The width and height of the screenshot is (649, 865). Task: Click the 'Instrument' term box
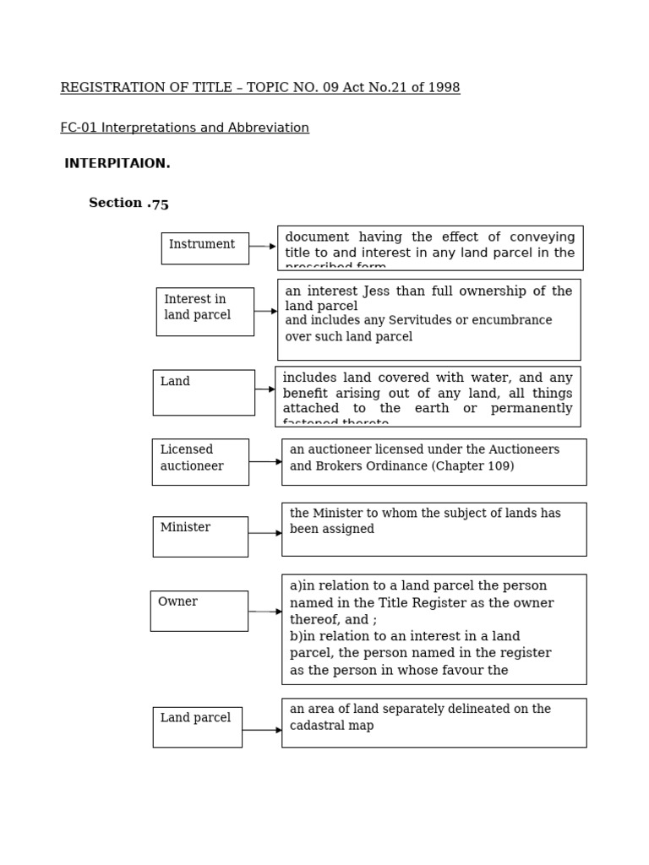pyautogui.click(x=205, y=248)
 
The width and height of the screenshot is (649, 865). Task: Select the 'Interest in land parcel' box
pyautogui.click(x=205, y=311)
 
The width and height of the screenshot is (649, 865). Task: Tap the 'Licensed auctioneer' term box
pyautogui.click(x=200, y=461)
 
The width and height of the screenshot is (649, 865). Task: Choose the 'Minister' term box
pyautogui.click(x=200, y=536)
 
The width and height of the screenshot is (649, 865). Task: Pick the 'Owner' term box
pyautogui.click(x=199, y=611)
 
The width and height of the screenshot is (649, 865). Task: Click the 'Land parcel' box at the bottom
pyautogui.click(x=197, y=726)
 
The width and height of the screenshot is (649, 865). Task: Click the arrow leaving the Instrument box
pyautogui.click(x=262, y=247)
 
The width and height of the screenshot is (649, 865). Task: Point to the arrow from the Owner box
pyautogui.click(x=265, y=612)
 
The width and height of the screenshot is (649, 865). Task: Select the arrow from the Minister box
pyautogui.click(x=265, y=533)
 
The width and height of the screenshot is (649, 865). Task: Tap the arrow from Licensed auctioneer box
pyautogui.click(x=265, y=462)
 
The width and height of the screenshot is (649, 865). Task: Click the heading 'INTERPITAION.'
pyautogui.click(x=117, y=164)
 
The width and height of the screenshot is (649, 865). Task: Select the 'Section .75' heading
pyautogui.click(x=128, y=204)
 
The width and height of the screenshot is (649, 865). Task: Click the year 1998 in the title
pyautogui.click(x=444, y=88)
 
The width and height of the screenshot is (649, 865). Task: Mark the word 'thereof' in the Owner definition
pyautogui.click(x=312, y=619)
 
